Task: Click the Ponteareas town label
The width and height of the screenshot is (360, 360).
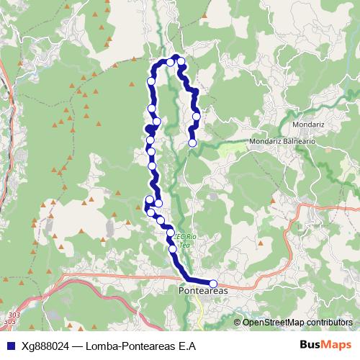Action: tap(202, 290)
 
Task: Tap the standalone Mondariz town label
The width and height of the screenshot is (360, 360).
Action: tap(312, 124)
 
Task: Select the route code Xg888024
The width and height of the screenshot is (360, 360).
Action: tap(44, 345)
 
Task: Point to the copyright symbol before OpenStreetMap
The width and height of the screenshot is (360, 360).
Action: tap(238, 323)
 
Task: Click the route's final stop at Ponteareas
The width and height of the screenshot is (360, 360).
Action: tap(213, 283)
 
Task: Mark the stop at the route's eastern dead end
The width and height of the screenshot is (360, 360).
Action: tap(192, 143)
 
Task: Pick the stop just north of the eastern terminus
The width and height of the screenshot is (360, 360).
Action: tap(196, 115)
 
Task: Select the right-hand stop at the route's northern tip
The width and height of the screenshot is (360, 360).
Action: tap(181, 61)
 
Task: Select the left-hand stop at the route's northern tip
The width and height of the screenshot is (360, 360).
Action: tap(170, 62)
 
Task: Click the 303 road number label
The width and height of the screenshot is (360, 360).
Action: tap(14, 315)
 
